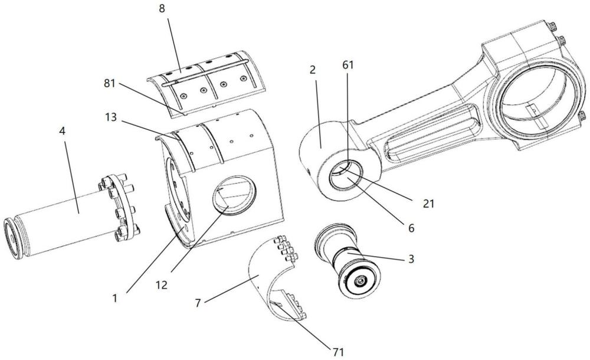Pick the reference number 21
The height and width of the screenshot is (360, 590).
429,204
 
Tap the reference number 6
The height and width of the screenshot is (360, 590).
411,227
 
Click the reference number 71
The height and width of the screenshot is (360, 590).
337,352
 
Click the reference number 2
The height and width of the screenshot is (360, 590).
312,70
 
